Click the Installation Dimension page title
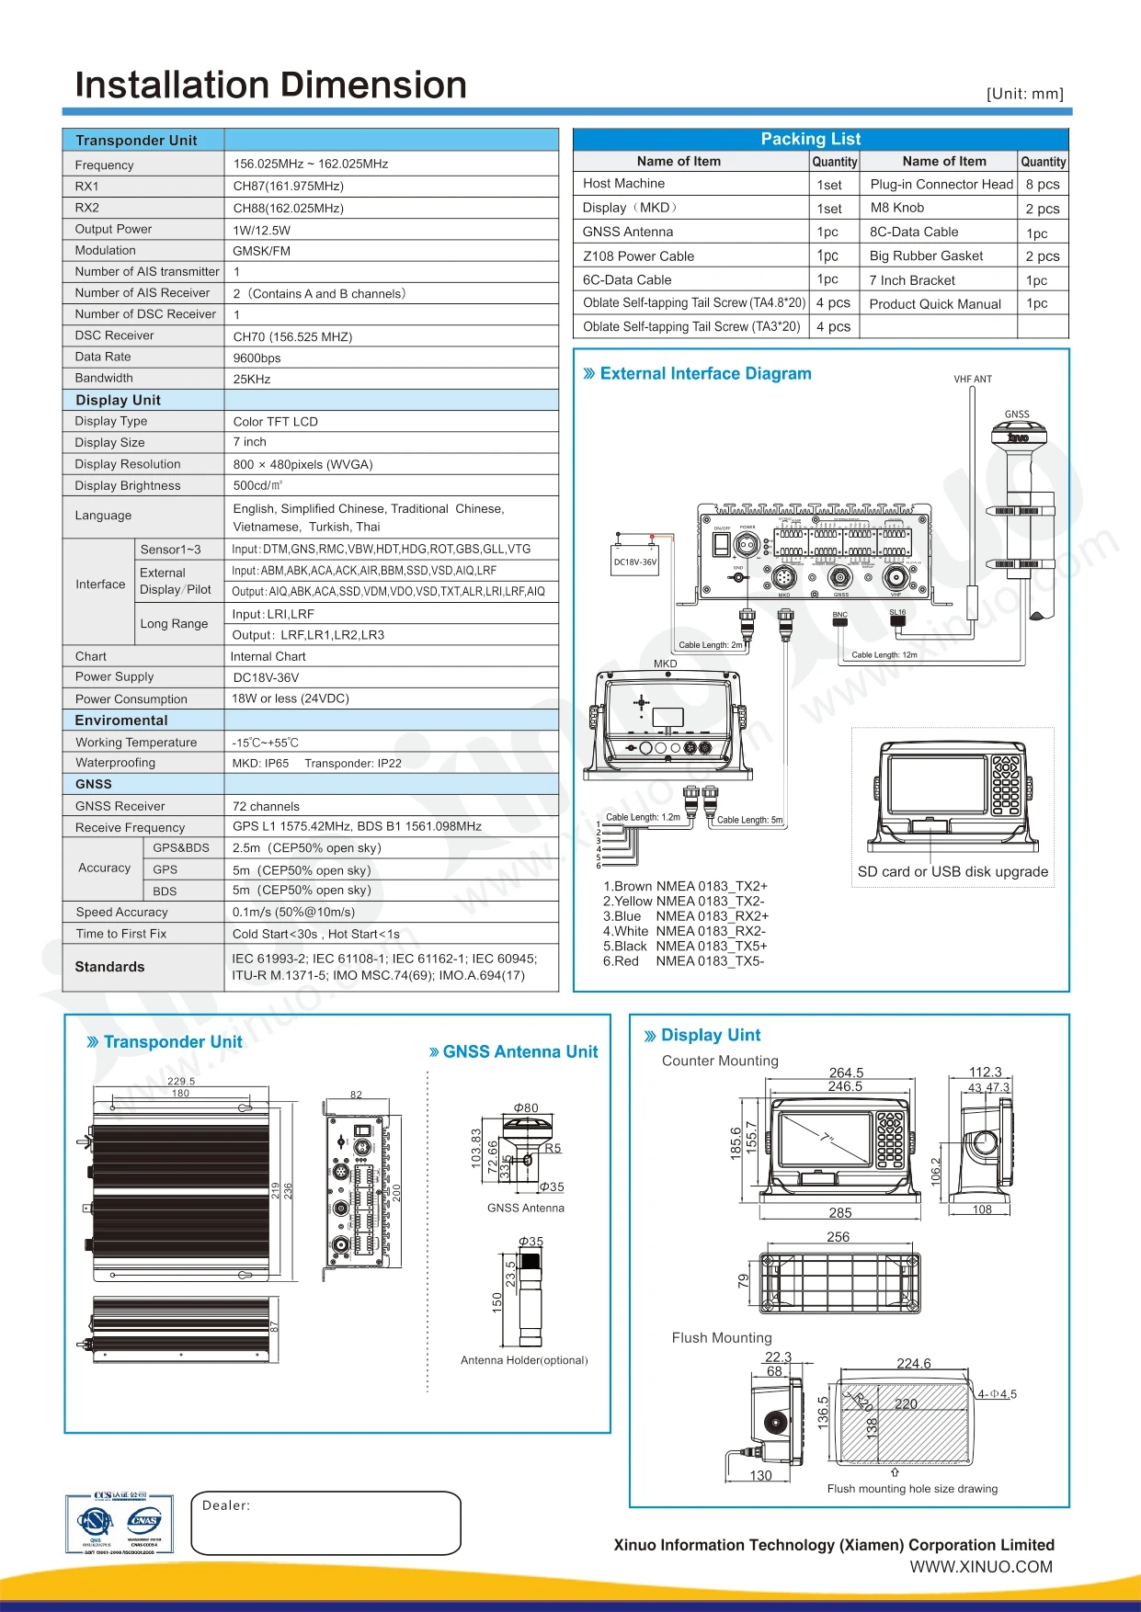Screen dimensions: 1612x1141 click(x=270, y=85)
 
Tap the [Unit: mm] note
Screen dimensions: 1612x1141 click(x=1024, y=94)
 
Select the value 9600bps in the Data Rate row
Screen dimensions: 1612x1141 click(x=257, y=358)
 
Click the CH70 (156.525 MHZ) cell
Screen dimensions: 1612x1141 click(x=292, y=337)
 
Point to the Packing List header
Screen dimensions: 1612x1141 click(x=810, y=139)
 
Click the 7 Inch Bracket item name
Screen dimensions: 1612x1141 click(x=912, y=280)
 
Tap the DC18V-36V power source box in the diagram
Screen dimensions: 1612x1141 click(x=635, y=562)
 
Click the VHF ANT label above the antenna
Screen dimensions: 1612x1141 click(x=973, y=379)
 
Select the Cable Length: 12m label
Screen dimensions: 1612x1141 click(x=884, y=655)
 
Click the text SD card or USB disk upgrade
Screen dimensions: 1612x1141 click(x=953, y=871)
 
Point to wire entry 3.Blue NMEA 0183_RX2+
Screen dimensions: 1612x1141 click(x=686, y=916)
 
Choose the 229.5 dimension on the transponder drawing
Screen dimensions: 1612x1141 click(x=181, y=1082)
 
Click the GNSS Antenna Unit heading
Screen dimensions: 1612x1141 click(x=519, y=1052)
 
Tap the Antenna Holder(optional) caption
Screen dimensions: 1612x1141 click(x=524, y=1360)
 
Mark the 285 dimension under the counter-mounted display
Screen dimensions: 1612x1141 click(x=840, y=1213)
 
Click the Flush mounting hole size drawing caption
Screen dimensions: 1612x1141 click(x=912, y=1489)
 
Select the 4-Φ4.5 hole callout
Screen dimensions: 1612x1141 click(x=997, y=1394)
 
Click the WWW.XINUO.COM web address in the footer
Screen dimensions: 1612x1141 click(x=981, y=1567)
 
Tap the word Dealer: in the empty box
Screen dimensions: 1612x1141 click(x=226, y=1505)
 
